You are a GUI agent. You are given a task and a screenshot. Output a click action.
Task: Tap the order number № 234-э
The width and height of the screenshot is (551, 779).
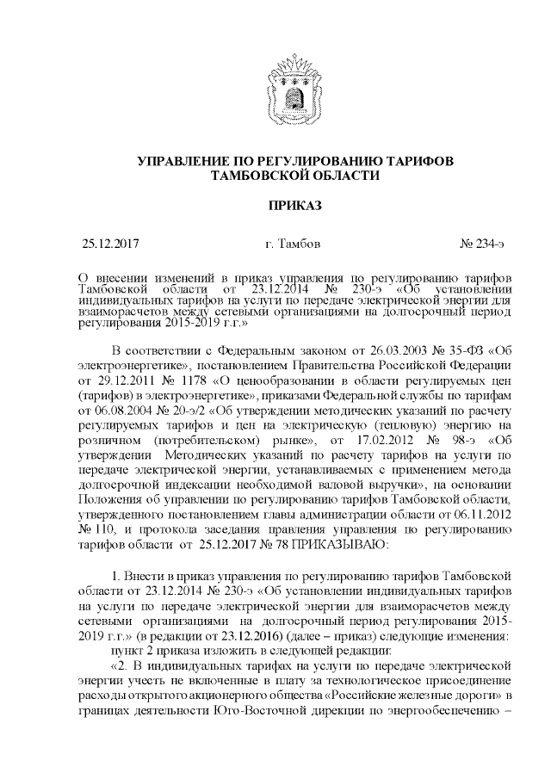click(482, 244)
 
